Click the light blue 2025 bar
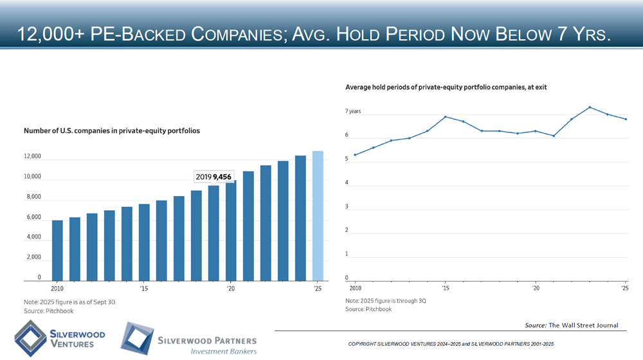(x=318, y=216)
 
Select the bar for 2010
(x=57, y=251)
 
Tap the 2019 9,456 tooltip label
(x=213, y=176)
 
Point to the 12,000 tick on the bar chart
(x=32, y=157)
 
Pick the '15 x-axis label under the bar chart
(x=144, y=289)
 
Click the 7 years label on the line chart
(x=353, y=112)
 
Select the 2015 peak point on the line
(x=445, y=117)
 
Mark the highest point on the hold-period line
(x=590, y=107)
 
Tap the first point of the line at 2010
(x=355, y=155)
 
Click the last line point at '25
(x=626, y=119)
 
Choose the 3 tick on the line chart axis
(x=347, y=207)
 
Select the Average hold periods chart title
(x=446, y=87)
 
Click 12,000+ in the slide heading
(x=53, y=33)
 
